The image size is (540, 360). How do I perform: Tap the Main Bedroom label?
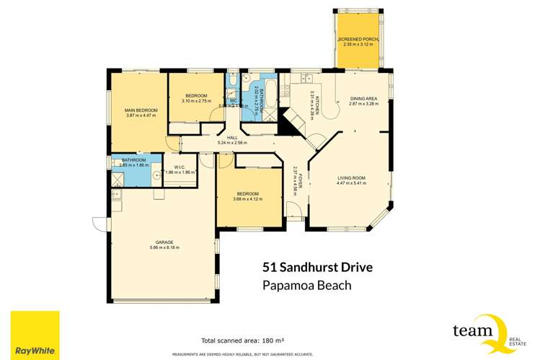pos(137,110)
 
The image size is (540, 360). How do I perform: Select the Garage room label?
pos(163,242)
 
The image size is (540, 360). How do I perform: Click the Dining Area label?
pos(364,99)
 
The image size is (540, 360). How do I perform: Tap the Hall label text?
pos(232,138)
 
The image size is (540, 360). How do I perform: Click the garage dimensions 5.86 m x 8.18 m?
pos(163,247)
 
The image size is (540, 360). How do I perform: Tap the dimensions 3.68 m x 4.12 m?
pos(249,199)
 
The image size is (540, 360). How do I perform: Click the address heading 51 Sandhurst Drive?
pos(317,268)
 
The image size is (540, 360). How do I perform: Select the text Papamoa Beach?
pos(307,285)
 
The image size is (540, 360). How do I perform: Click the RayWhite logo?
pos(35,335)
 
